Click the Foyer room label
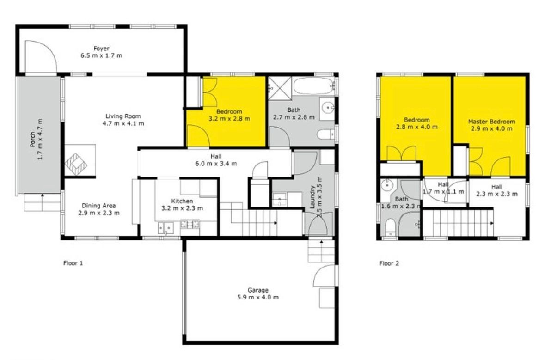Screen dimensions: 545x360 tap(101, 49)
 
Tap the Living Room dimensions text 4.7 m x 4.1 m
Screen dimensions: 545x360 tap(123, 123)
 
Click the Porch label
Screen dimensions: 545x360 tap(32, 139)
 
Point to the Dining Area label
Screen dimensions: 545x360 tap(99, 206)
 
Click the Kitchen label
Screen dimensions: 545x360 tap(182, 201)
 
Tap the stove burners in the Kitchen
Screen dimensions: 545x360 tap(190, 224)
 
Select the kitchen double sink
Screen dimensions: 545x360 tap(166, 228)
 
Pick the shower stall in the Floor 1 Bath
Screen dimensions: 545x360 tap(280, 88)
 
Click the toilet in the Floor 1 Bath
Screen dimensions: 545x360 tap(326, 134)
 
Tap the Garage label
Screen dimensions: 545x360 tap(258, 290)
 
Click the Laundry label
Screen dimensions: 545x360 tap(312, 197)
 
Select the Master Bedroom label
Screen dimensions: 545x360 tap(491, 122)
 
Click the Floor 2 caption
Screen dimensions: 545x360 tap(389, 263)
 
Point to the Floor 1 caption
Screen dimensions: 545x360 tap(73, 263)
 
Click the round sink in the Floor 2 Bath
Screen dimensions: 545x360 tap(386, 186)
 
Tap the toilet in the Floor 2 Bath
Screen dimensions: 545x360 tap(390, 226)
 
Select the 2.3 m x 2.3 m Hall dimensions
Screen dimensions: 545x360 tap(496, 194)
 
